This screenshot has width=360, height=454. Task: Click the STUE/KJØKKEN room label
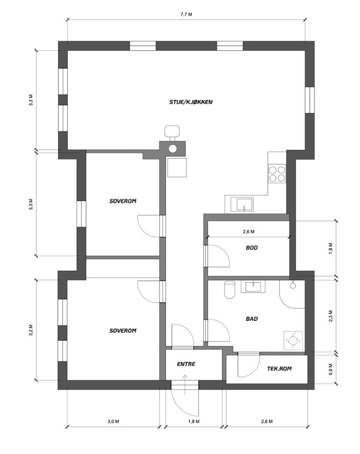[191, 102]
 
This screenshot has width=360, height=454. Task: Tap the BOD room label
[252, 248]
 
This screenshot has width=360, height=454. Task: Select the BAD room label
[252, 319]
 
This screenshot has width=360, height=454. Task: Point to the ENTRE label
[186, 364]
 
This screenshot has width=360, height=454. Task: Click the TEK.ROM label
[279, 369]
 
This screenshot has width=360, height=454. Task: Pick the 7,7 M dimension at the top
[186, 15]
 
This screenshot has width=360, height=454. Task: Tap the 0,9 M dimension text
[331, 369]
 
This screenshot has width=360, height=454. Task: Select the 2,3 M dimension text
[331, 316]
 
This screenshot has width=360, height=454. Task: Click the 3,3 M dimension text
[31, 204]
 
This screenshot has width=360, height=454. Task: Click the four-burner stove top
[277, 174]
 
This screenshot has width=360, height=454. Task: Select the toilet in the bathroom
[230, 290]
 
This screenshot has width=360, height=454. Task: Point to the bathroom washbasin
[253, 287]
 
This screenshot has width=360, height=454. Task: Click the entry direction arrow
[185, 384]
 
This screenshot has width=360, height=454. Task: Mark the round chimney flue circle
[173, 149]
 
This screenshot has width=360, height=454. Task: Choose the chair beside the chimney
[172, 132]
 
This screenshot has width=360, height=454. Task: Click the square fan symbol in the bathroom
[293, 341]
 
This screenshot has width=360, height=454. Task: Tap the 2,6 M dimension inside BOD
[248, 232]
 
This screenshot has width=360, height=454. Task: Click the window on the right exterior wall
[310, 100]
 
